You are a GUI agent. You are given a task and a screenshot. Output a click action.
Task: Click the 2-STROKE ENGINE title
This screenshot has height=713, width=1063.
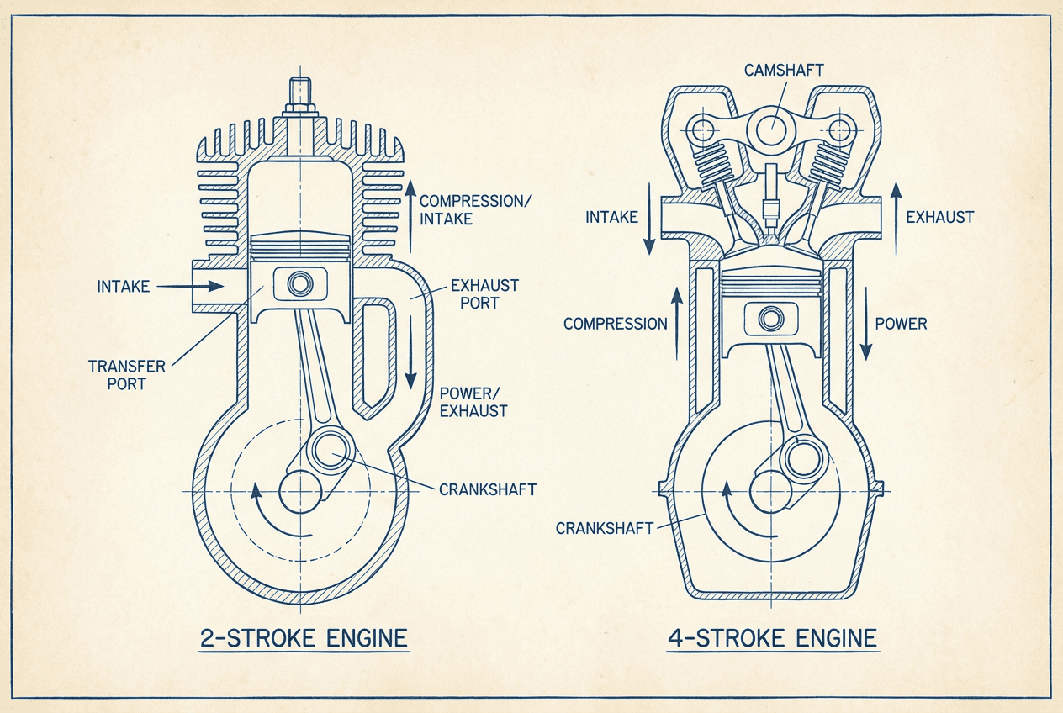[304, 638]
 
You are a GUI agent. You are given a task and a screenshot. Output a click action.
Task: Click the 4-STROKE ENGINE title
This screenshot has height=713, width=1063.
[771, 638]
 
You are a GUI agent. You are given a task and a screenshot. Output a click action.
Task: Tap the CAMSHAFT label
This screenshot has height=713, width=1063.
[784, 70]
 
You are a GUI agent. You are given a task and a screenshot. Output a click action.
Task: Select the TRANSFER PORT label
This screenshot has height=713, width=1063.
[117, 374]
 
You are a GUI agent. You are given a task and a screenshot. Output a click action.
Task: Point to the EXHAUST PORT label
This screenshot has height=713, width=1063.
[484, 293]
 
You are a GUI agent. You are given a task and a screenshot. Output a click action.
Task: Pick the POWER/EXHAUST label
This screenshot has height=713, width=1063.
[473, 403]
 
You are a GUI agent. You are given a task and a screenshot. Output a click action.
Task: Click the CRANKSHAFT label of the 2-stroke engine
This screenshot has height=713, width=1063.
[487, 489]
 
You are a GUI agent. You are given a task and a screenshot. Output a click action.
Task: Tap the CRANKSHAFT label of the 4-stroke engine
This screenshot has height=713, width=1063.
[604, 528]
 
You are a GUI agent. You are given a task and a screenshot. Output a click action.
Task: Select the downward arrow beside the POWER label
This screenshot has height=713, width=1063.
[864, 323]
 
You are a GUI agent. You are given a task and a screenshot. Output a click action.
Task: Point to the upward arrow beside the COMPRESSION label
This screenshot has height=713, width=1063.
[675, 324]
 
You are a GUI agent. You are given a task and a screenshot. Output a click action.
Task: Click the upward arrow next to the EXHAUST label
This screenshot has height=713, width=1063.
[895, 216]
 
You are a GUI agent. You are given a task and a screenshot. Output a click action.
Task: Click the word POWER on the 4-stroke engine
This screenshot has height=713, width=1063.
[901, 324]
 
